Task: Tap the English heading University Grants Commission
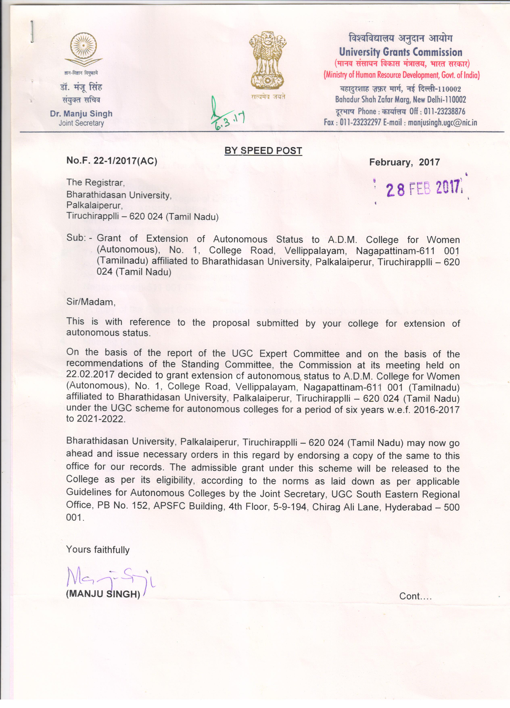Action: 400,52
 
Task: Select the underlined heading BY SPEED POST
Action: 263,151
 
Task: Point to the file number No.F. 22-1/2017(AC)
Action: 112,161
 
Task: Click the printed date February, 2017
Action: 404,162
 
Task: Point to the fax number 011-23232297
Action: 360,122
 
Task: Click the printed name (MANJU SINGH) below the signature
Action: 103,594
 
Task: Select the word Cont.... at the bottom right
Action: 415,596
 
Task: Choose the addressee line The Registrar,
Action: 95,183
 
